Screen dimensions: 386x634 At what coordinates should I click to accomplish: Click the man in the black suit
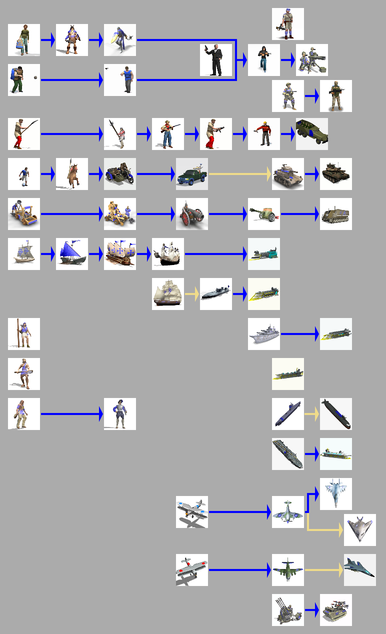click(x=216, y=60)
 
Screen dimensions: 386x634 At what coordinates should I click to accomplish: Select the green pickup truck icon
click(x=192, y=174)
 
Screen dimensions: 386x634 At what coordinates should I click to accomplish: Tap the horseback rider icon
click(x=72, y=174)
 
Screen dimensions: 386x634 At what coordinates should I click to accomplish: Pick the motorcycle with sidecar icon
click(x=120, y=174)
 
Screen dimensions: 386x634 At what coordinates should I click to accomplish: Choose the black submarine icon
click(x=336, y=414)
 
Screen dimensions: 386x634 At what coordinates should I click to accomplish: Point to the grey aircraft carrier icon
click(x=288, y=454)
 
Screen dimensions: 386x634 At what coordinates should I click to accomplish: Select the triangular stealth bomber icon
click(x=360, y=530)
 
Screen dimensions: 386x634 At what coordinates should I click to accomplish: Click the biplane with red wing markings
click(x=192, y=570)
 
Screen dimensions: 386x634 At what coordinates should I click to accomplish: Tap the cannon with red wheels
click(x=192, y=214)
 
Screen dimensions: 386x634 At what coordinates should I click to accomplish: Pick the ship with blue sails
click(x=72, y=254)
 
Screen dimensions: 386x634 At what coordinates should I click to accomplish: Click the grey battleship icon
click(x=264, y=334)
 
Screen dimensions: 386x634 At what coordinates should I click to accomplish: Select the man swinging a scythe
click(x=24, y=134)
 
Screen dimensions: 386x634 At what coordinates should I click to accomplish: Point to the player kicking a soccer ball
click(x=24, y=174)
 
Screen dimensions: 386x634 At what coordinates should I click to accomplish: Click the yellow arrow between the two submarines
click(x=312, y=414)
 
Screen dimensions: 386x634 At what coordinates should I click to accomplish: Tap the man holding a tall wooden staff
click(x=24, y=334)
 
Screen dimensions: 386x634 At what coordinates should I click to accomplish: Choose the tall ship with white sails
click(x=168, y=294)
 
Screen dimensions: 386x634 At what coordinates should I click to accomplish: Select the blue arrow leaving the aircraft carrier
click(x=312, y=454)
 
